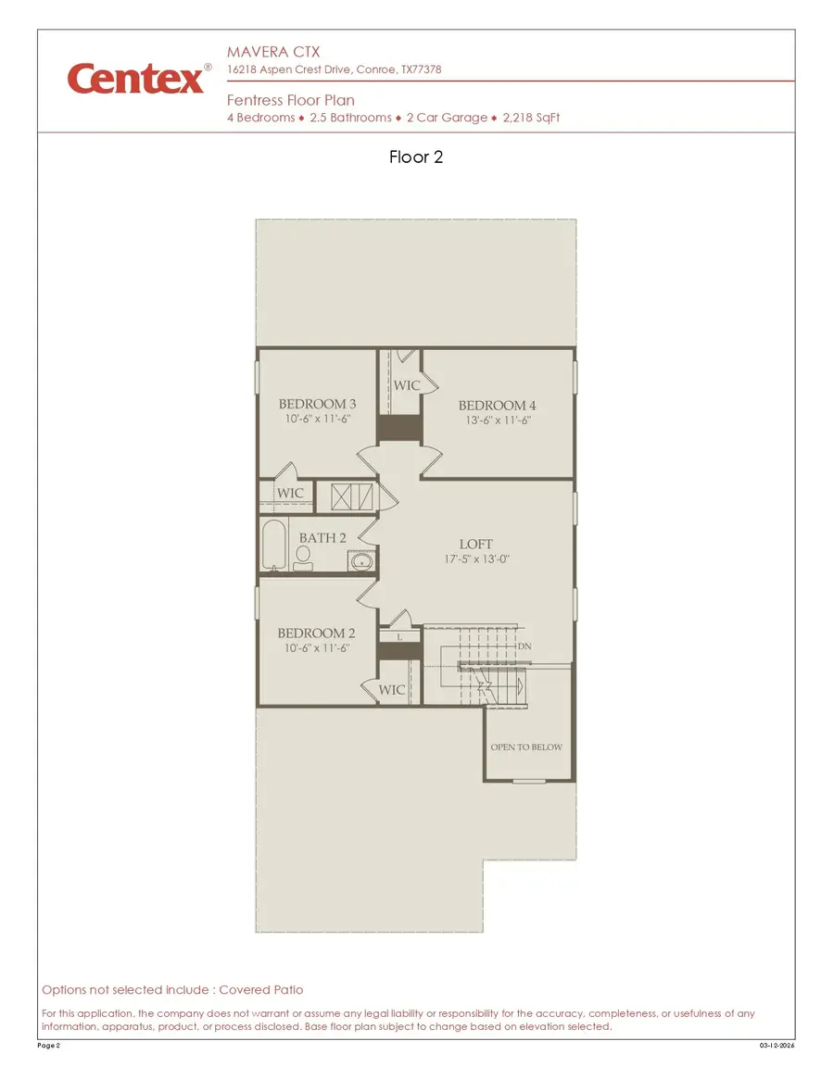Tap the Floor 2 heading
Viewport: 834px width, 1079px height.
tap(416, 157)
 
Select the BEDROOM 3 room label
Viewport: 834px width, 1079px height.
tap(317, 404)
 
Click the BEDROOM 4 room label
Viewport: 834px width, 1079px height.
tap(497, 405)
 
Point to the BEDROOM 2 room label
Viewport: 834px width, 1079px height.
tap(316, 634)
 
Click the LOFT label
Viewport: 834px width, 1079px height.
tap(476, 544)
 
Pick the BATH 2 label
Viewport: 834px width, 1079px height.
tap(322, 537)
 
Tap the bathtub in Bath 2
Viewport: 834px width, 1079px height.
tap(274, 546)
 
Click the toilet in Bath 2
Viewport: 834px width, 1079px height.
tap(303, 556)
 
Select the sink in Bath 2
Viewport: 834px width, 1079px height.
tap(361, 560)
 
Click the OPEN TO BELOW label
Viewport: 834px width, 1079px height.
tap(526, 747)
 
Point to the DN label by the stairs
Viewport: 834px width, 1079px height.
tap(524, 646)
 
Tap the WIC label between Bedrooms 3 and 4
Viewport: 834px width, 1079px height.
tap(407, 384)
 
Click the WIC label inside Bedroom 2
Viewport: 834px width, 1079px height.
tap(392, 690)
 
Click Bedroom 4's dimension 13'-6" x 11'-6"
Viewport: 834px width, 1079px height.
tap(498, 420)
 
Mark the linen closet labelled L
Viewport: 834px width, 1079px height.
tap(398, 638)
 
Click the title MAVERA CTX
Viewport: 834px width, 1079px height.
tap(273, 53)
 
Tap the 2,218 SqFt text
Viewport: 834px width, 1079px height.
tap(531, 118)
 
